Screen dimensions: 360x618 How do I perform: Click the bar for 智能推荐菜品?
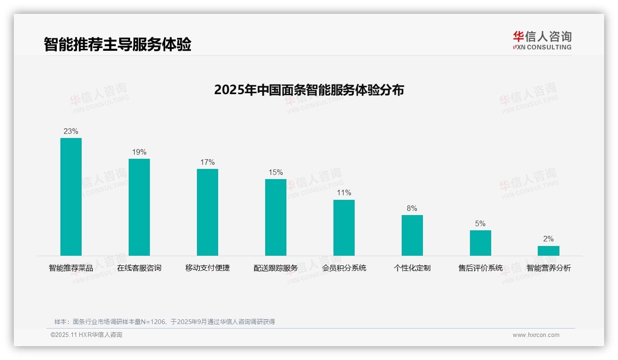(x=71, y=197)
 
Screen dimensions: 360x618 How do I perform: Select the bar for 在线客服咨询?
(x=139, y=207)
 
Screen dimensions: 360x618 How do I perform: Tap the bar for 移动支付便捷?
(x=208, y=212)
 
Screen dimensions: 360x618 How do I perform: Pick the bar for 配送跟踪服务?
(x=276, y=217)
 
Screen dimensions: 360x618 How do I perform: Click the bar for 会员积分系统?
(x=344, y=228)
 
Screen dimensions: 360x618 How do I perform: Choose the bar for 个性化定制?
(x=412, y=235)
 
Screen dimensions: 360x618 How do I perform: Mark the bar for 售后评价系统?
(x=481, y=243)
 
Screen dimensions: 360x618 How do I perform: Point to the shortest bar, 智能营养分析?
(x=548, y=251)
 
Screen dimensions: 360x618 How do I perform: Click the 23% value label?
(x=71, y=132)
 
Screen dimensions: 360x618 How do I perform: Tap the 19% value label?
(x=139, y=152)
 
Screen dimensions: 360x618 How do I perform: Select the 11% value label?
(x=344, y=193)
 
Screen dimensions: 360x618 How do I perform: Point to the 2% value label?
(x=548, y=239)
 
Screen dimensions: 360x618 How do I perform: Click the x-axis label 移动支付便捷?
(x=208, y=268)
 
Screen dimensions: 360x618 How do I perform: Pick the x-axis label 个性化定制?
(x=412, y=268)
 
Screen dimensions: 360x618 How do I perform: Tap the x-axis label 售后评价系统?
(x=481, y=268)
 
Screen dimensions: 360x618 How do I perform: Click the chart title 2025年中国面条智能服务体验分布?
(x=309, y=90)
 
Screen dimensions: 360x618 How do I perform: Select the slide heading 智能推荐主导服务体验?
(x=118, y=45)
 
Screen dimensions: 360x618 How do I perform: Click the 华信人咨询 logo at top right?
(x=542, y=40)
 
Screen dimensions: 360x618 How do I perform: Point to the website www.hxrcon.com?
(x=536, y=335)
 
